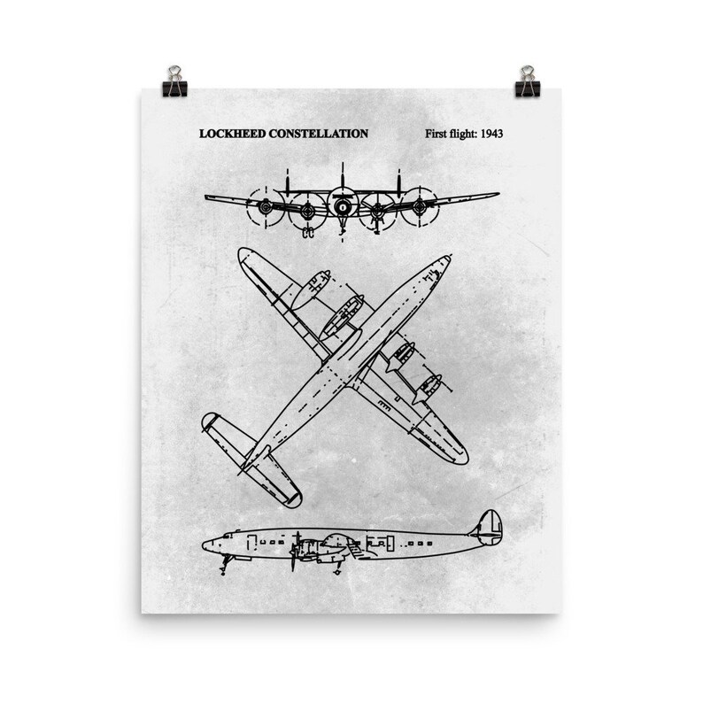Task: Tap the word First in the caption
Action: [438, 135]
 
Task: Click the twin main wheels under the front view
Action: [308, 235]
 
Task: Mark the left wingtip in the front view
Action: [207, 197]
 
